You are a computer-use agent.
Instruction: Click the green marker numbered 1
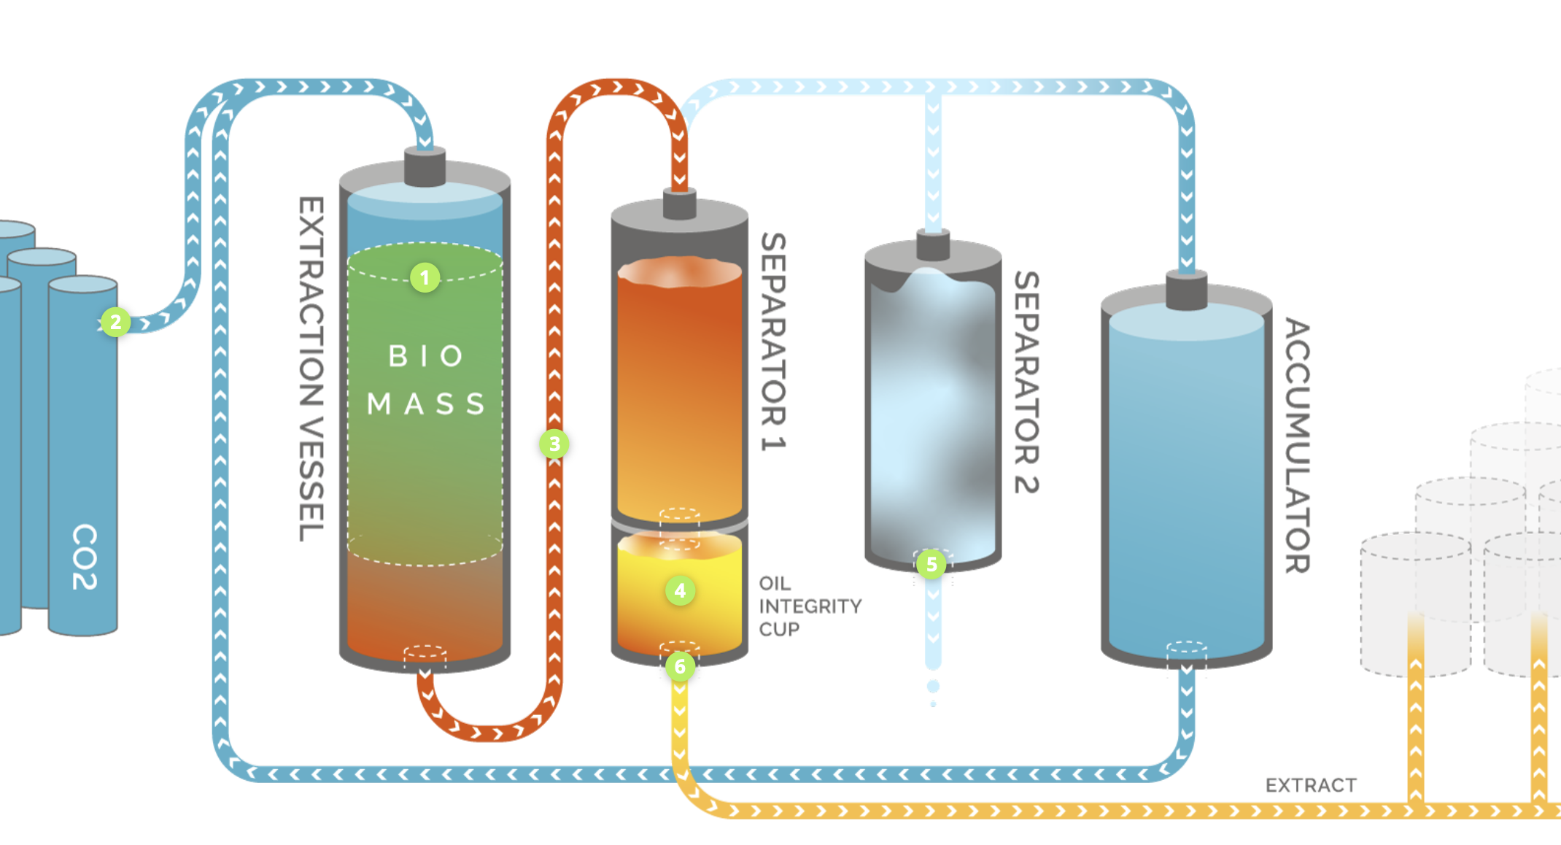click(425, 277)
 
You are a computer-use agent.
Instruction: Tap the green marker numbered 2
click(115, 322)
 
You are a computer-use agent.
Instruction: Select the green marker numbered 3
click(554, 444)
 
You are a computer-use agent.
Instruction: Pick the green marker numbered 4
click(680, 590)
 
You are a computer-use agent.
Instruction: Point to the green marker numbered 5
click(931, 564)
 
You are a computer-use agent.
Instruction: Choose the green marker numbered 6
click(680, 666)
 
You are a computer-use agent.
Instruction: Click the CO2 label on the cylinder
click(85, 556)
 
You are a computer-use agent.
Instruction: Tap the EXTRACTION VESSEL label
click(311, 369)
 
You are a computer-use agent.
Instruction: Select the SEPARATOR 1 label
click(774, 342)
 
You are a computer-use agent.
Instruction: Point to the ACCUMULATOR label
click(1298, 445)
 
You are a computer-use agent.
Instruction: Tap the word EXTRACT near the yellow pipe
click(1311, 785)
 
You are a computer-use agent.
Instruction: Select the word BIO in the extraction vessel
click(426, 356)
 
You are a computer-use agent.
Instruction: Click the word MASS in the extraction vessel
click(426, 404)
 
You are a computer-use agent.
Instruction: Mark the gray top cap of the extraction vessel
click(425, 167)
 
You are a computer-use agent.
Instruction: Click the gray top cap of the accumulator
click(1186, 290)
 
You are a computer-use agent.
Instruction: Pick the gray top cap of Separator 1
click(679, 204)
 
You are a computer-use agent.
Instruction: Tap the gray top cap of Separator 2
click(932, 244)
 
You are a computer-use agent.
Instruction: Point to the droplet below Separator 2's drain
click(933, 687)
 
